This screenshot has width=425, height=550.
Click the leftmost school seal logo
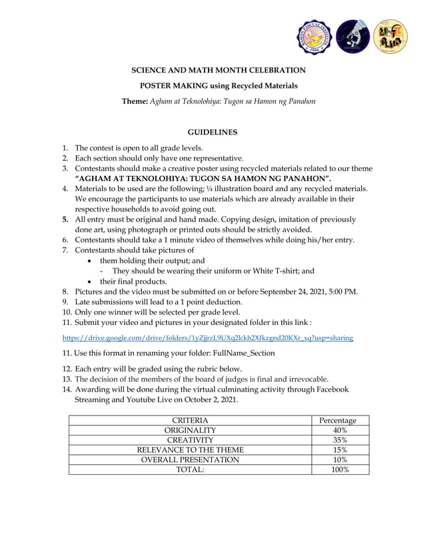[x=312, y=37]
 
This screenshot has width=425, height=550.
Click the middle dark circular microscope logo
[x=352, y=37]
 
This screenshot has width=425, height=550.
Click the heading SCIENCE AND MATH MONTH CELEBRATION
[x=218, y=70]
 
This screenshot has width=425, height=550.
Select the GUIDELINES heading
[x=212, y=133]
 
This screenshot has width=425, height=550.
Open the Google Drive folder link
[x=208, y=338]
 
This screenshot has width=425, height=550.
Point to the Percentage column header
[x=338, y=420]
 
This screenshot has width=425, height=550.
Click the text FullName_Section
[x=240, y=353]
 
